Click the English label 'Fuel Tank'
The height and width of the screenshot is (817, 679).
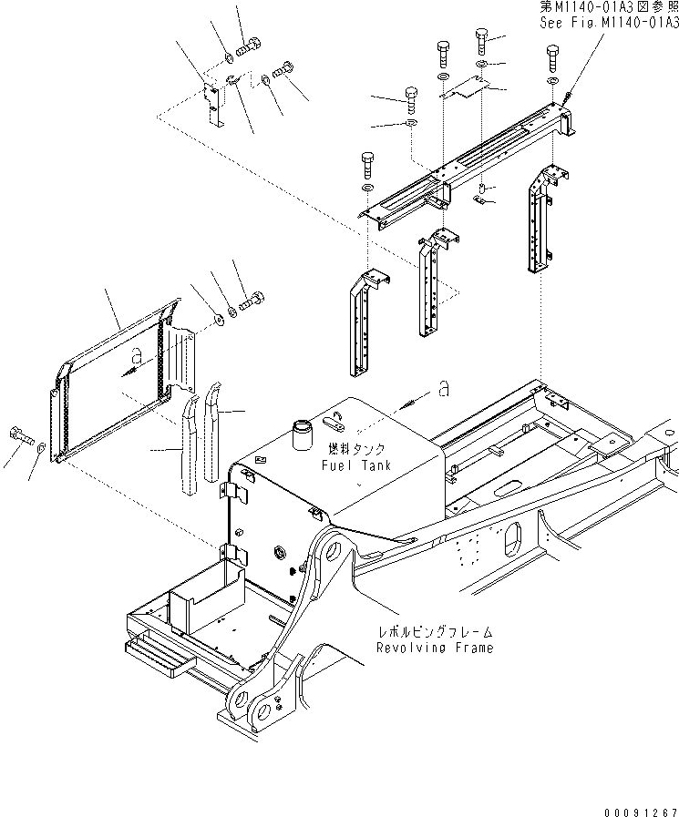(356, 465)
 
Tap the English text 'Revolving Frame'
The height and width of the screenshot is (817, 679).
(435, 648)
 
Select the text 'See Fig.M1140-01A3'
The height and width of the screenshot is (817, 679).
(609, 24)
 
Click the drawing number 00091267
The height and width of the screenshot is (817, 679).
(642, 812)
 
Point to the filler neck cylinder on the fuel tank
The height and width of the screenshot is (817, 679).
(302, 435)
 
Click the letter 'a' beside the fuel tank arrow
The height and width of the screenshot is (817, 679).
(443, 388)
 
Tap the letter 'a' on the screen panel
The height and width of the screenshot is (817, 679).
(137, 355)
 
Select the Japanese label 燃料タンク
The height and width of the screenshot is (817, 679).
(357, 449)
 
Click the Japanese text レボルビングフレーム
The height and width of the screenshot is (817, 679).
(435, 632)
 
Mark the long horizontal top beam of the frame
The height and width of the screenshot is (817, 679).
(464, 164)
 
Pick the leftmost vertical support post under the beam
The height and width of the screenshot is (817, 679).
(366, 322)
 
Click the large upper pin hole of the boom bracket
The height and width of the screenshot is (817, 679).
(332, 551)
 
